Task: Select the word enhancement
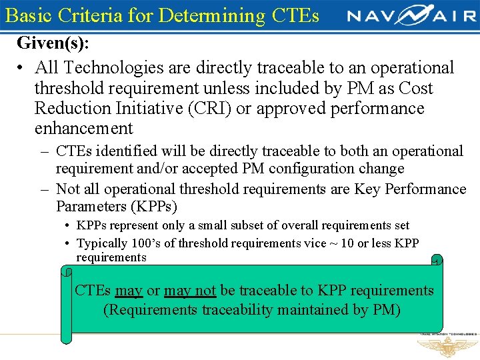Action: (84, 128)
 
